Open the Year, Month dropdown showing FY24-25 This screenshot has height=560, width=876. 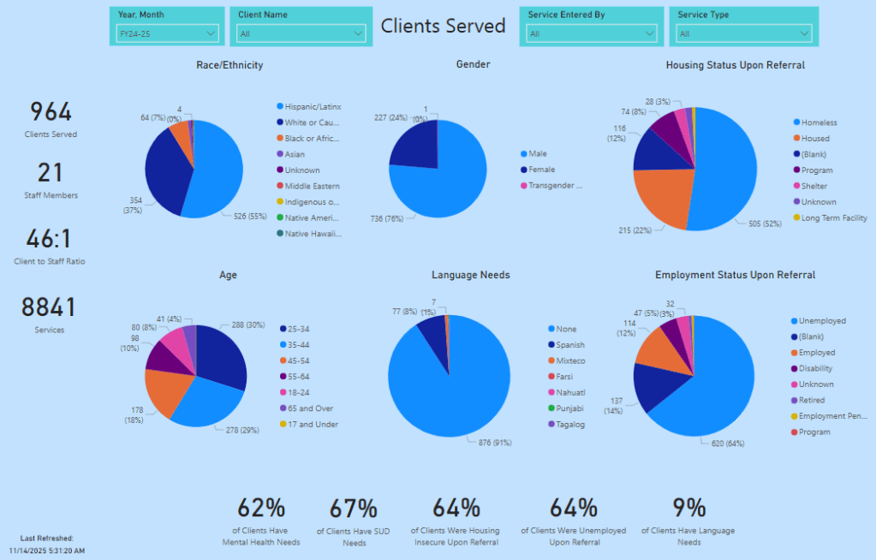point(168,33)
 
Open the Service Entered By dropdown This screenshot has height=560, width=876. point(591,33)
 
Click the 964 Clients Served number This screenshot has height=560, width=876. point(51,112)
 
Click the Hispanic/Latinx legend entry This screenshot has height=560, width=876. point(313,107)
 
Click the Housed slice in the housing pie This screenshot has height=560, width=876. point(662,198)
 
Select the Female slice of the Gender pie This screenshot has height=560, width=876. point(414,140)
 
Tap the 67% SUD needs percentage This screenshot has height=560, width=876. point(354,508)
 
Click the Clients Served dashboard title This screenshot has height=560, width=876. point(444,26)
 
